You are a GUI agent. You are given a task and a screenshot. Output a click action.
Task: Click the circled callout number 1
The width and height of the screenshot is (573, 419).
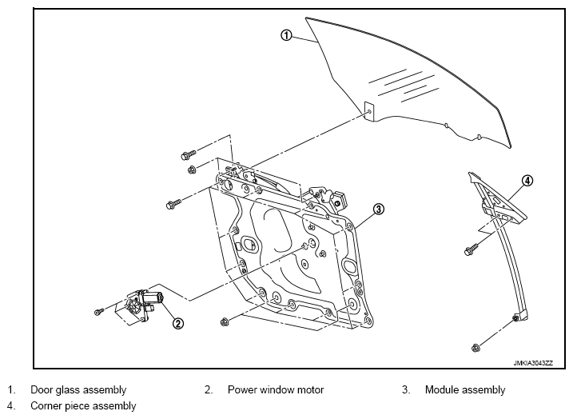point(286,35)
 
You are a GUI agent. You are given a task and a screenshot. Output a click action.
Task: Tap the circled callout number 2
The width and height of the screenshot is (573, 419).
point(178,323)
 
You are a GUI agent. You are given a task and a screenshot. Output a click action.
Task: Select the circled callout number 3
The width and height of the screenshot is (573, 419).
point(379,209)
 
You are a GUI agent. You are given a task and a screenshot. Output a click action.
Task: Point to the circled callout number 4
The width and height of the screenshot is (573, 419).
point(527,181)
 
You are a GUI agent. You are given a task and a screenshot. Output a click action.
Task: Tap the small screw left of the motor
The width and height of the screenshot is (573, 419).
point(98,312)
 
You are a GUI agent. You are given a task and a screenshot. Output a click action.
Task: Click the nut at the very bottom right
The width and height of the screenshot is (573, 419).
point(476,347)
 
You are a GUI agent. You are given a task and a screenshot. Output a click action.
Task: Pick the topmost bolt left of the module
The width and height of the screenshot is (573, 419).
point(188,154)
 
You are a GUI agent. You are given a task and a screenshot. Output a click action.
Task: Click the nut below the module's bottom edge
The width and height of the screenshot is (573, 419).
point(225,322)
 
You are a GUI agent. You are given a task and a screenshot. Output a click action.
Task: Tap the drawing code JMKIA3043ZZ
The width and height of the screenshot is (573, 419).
point(533,363)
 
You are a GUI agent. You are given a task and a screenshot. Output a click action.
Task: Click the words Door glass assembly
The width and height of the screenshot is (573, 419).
point(78,389)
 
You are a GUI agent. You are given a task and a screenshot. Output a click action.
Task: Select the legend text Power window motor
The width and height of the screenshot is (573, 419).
point(276,389)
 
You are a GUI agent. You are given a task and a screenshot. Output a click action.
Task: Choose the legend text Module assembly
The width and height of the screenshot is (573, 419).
point(465,389)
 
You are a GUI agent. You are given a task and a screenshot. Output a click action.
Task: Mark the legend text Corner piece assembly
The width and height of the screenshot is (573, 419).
point(83,406)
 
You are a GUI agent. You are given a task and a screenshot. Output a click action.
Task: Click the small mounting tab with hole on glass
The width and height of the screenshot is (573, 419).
point(369,111)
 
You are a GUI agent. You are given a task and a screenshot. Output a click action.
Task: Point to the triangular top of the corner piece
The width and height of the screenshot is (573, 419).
point(497,198)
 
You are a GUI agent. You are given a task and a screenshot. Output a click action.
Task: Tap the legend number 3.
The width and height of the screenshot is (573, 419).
point(406,389)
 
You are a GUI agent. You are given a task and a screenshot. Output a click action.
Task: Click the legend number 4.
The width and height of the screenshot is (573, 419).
point(11,406)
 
